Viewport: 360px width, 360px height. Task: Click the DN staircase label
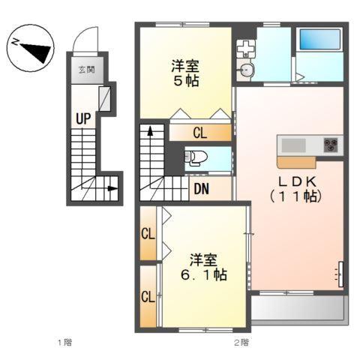tap(201, 188)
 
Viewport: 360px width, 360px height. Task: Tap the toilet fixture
tap(196, 158)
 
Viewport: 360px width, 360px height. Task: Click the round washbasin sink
tap(247, 71)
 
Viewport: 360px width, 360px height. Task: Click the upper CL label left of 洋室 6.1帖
tap(148, 233)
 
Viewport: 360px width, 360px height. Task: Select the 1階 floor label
tap(66, 342)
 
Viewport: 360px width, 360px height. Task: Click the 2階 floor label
tap(241, 342)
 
